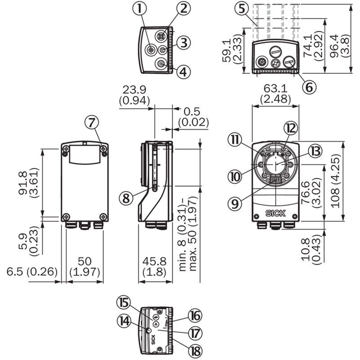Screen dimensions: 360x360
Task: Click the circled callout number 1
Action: click(x=139, y=9)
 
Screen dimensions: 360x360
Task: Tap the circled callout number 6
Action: click(x=309, y=87)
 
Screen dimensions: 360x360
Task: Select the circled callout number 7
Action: click(x=92, y=122)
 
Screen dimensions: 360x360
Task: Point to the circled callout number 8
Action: click(x=126, y=198)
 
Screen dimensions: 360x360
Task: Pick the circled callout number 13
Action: click(x=315, y=151)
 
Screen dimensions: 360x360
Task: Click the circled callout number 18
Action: click(x=195, y=351)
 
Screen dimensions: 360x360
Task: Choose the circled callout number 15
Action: click(x=123, y=302)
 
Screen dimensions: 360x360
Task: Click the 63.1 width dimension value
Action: click(x=275, y=88)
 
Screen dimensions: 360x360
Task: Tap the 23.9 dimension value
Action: click(x=134, y=90)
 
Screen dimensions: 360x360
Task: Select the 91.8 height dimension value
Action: click(x=23, y=183)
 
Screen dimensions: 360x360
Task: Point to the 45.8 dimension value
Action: click(x=154, y=261)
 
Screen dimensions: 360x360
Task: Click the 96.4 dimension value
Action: click(x=335, y=46)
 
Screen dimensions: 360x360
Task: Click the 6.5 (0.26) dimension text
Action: click(x=32, y=272)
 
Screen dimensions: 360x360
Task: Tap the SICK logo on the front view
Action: click(x=275, y=213)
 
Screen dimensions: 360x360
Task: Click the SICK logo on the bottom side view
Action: click(x=153, y=340)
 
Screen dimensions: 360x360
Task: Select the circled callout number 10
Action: click(x=235, y=177)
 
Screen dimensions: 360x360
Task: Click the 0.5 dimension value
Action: click(x=192, y=112)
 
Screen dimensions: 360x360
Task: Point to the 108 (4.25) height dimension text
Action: click(x=335, y=181)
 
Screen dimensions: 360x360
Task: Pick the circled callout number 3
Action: click(x=184, y=43)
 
